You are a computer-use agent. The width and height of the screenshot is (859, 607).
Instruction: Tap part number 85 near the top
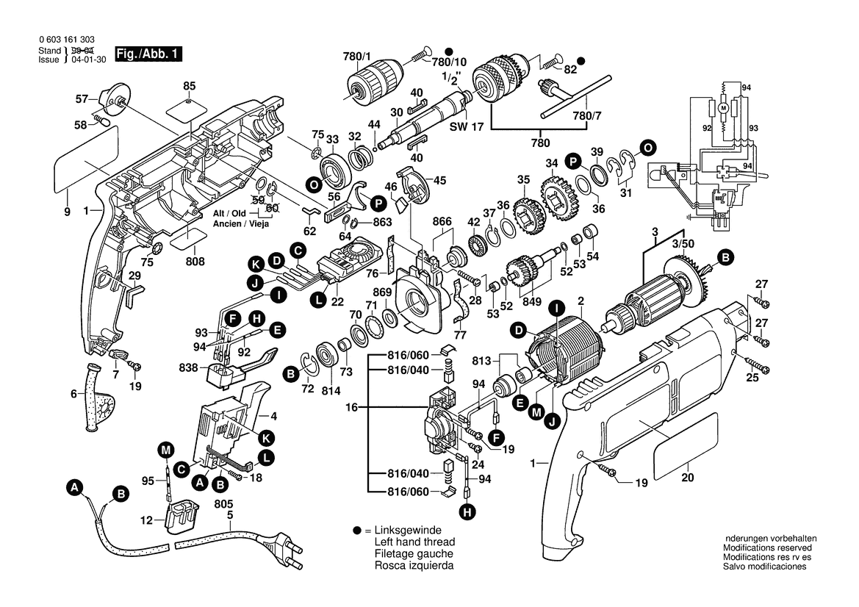190,85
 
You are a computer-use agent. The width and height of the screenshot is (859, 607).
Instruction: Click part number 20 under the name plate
688,475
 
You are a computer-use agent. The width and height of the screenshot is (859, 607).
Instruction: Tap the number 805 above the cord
224,504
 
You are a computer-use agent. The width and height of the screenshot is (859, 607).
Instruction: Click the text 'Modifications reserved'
767,548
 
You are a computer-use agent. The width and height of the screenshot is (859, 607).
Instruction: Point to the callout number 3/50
682,243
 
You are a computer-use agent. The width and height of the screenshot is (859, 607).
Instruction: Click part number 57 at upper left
82,98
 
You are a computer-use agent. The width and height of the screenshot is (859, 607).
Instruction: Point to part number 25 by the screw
752,378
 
